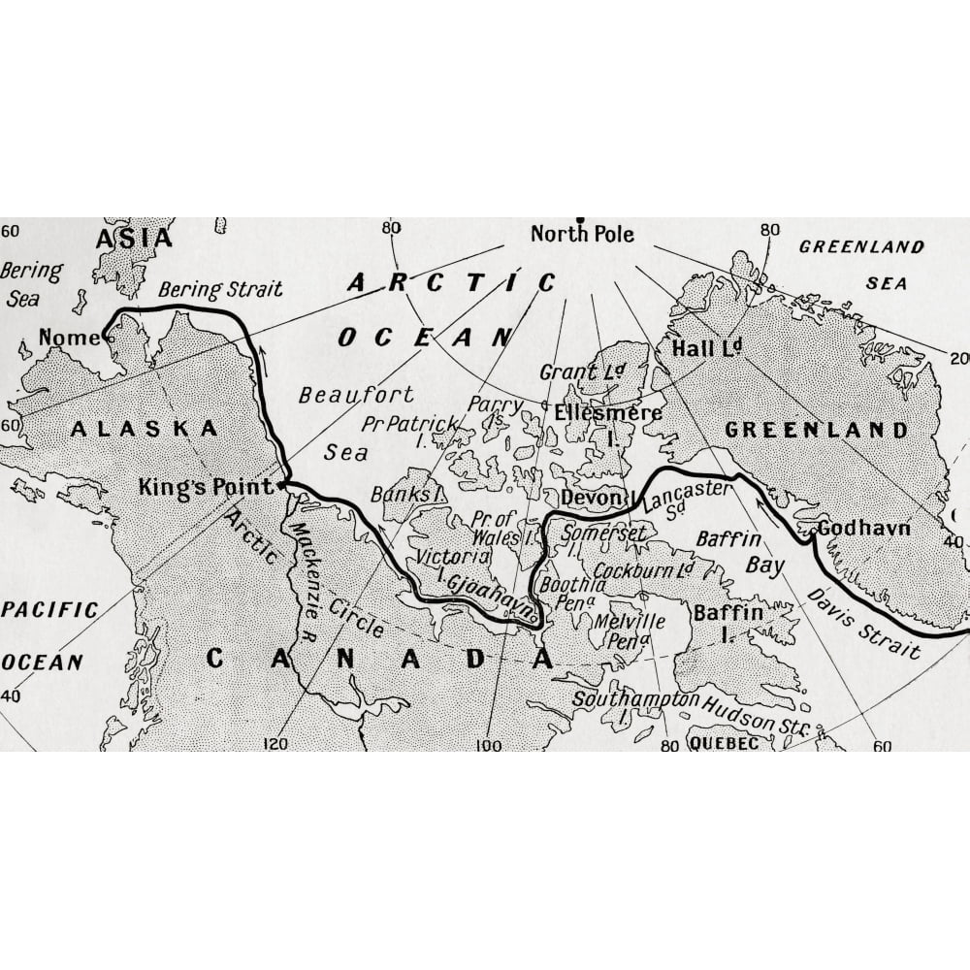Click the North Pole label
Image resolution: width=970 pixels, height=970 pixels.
(x=582, y=234)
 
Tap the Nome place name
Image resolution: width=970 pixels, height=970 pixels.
(x=69, y=338)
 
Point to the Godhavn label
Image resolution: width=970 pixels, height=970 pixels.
(x=863, y=528)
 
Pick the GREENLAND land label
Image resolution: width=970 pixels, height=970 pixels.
(x=817, y=430)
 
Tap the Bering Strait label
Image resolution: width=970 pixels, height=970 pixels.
(x=220, y=289)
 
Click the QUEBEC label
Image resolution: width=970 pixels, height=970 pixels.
(x=724, y=743)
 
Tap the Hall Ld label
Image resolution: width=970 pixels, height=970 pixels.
(x=705, y=348)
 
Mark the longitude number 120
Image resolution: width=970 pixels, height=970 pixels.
(x=275, y=744)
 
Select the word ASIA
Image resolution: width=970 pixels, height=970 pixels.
(x=134, y=238)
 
